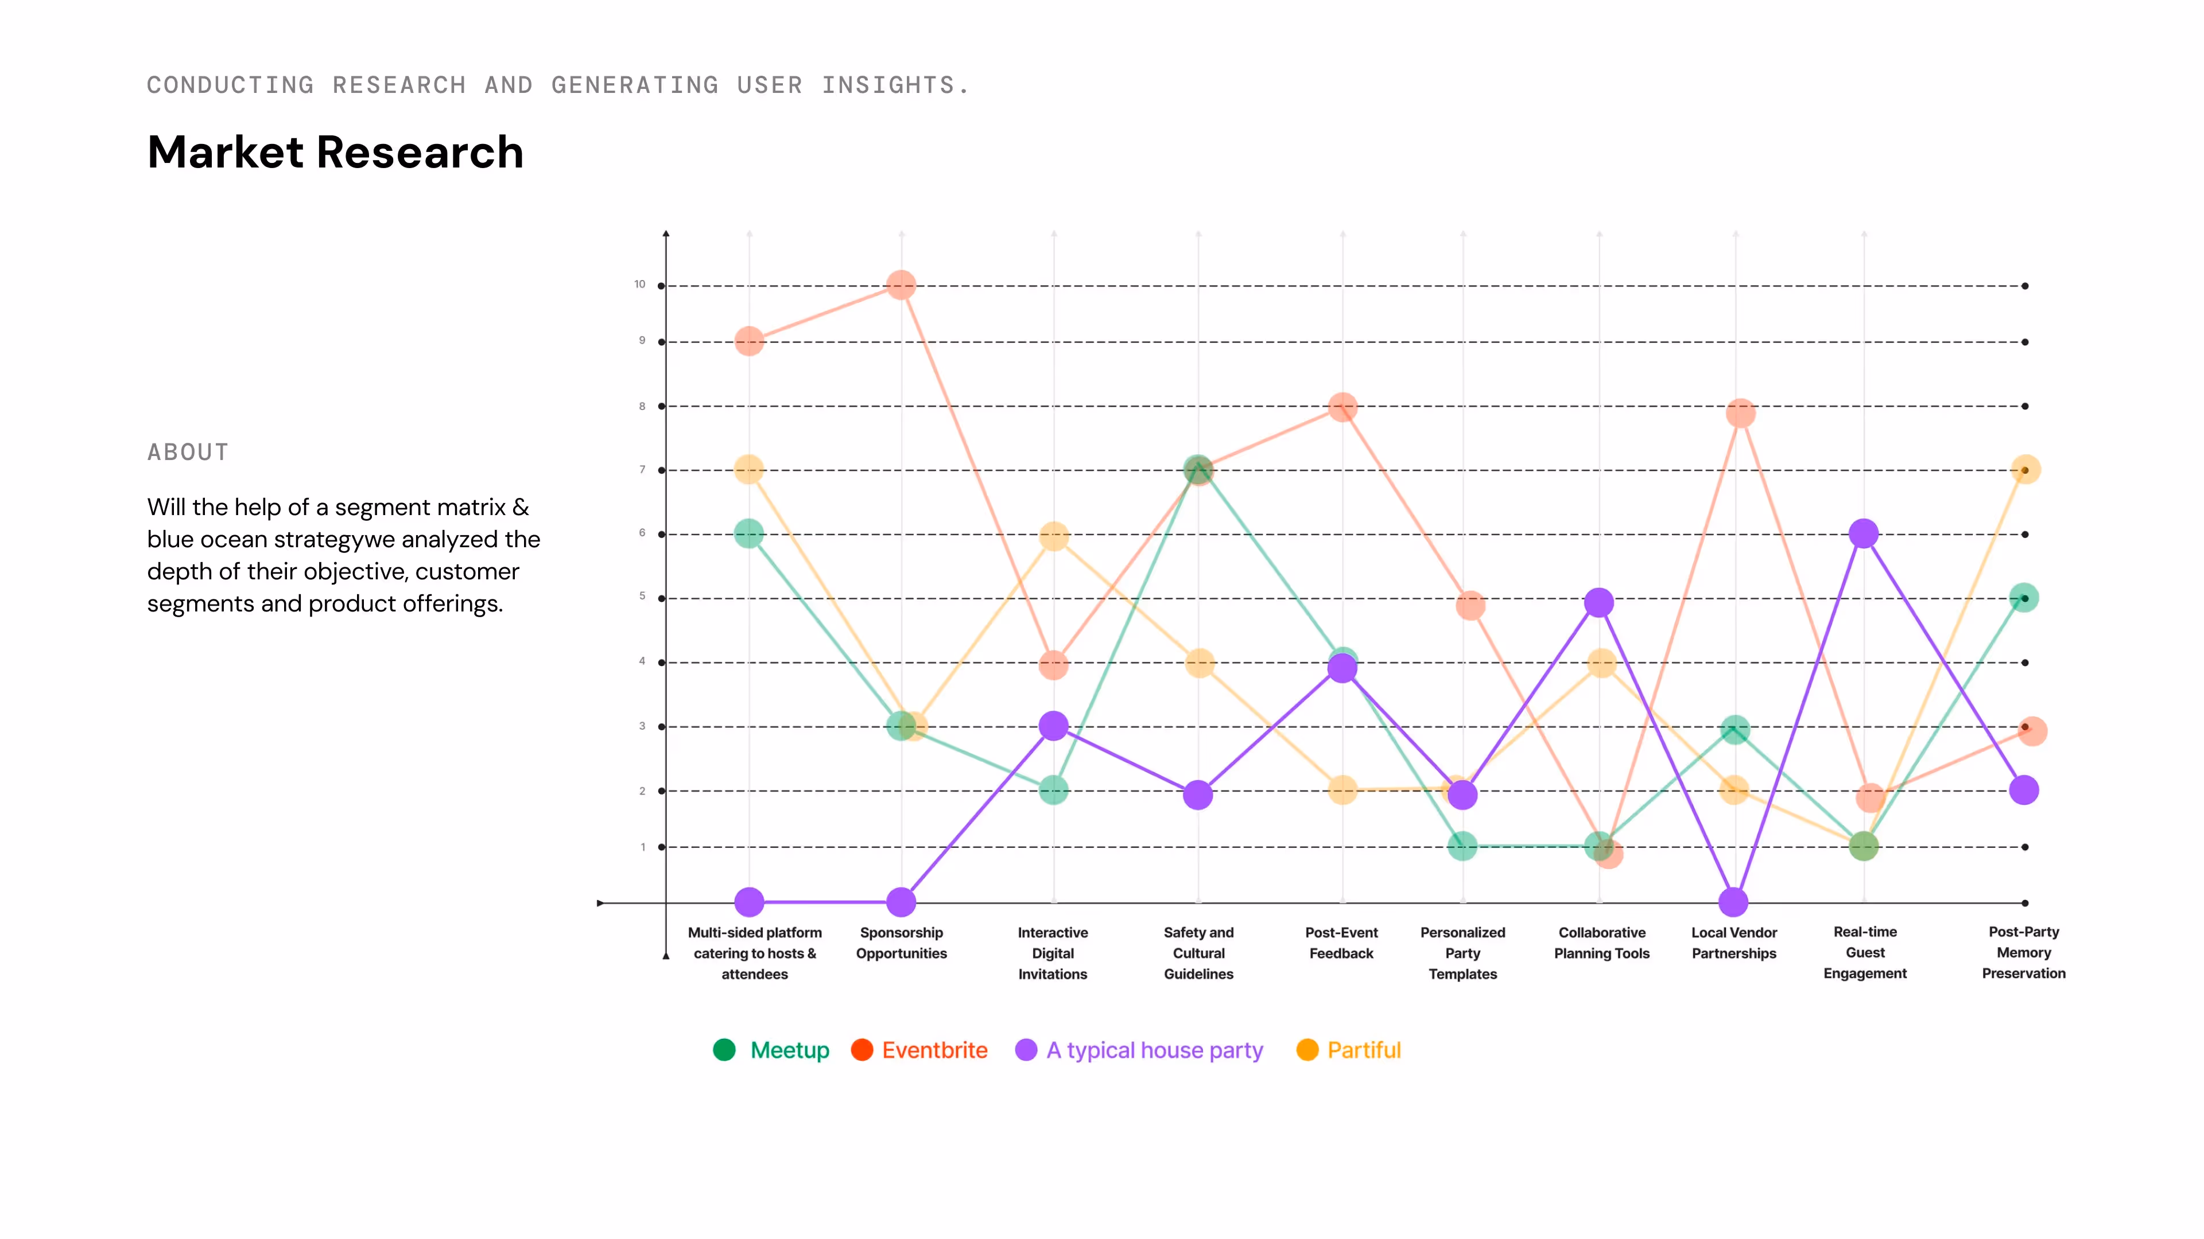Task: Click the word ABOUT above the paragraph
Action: [x=188, y=453]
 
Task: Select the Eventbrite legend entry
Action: [x=919, y=1050]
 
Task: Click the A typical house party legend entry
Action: [x=1139, y=1051]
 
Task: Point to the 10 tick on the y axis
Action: [x=640, y=284]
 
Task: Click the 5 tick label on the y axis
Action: [x=643, y=596]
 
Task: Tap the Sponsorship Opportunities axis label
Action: [x=902, y=943]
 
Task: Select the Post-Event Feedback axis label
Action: [x=1341, y=943]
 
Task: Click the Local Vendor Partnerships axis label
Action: [x=1735, y=943]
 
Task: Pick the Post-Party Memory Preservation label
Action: [x=2024, y=953]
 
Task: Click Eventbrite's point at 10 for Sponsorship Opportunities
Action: [x=901, y=285]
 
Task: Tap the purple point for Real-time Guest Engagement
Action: [x=1864, y=533]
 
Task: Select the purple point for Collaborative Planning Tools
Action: [x=1599, y=603]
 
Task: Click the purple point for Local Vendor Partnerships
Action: [x=1733, y=902]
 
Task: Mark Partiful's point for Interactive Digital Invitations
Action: [x=1054, y=537]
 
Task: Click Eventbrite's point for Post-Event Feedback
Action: [x=1342, y=407]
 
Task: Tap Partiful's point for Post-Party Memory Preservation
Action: [x=2025, y=469]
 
